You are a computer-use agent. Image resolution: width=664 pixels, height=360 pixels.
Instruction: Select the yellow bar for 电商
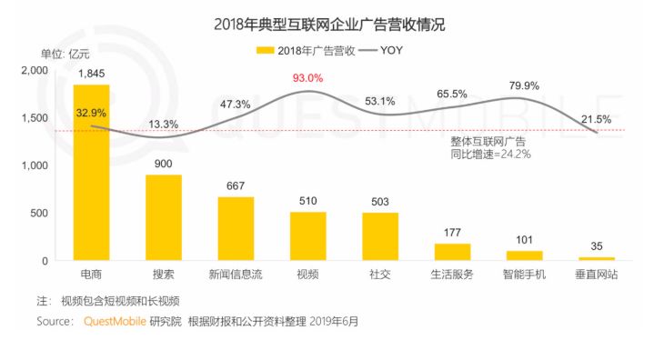point(91,173)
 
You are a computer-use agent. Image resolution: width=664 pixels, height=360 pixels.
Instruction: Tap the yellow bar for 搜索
point(164,217)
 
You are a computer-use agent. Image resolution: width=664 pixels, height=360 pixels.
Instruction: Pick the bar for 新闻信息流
point(236,228)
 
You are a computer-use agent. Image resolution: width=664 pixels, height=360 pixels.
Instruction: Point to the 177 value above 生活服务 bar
point(452,233)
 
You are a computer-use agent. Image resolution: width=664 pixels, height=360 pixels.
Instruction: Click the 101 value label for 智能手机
point(524,240)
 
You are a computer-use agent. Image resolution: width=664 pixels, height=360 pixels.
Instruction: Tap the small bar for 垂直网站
point(596,259)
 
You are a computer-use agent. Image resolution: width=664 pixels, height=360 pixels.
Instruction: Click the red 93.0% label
point(308,78)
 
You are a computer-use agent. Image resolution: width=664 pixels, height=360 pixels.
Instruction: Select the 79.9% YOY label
point(525,85)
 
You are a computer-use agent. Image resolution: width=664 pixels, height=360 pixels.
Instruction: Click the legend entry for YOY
point(383,50)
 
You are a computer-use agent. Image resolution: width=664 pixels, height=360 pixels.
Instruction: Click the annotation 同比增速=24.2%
point(490,155)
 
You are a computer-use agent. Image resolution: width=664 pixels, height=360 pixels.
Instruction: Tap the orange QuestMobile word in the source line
point(115,321)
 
